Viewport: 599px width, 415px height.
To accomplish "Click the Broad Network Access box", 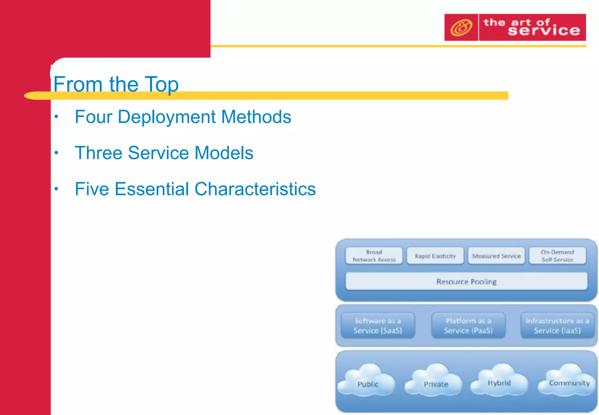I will click(374, 256).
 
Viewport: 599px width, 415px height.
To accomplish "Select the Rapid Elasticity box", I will click(435, 256).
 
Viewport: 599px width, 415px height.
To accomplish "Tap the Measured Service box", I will click(496, 256).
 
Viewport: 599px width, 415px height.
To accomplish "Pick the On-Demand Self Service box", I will click(557, 256).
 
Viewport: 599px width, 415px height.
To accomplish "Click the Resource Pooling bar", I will click(466, 282).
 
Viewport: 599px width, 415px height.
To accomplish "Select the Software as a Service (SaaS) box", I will click(378, 326).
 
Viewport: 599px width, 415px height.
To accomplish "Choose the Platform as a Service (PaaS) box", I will click(468, 326).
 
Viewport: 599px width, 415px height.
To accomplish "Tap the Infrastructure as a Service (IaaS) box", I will click(557, 326).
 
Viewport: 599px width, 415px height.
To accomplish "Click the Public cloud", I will click(367, 380).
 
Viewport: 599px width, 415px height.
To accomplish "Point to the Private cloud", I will click(435, 380).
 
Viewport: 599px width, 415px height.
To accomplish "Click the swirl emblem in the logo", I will click(461, 28).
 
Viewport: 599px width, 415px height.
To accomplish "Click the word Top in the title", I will click(161, 84).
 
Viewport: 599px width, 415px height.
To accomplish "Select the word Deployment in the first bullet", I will click(166, 117).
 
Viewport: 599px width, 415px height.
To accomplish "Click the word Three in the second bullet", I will click(98, 153).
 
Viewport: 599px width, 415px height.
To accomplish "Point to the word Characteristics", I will click(255, 189).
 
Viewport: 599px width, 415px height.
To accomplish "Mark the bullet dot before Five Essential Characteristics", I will click(56, 189).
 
